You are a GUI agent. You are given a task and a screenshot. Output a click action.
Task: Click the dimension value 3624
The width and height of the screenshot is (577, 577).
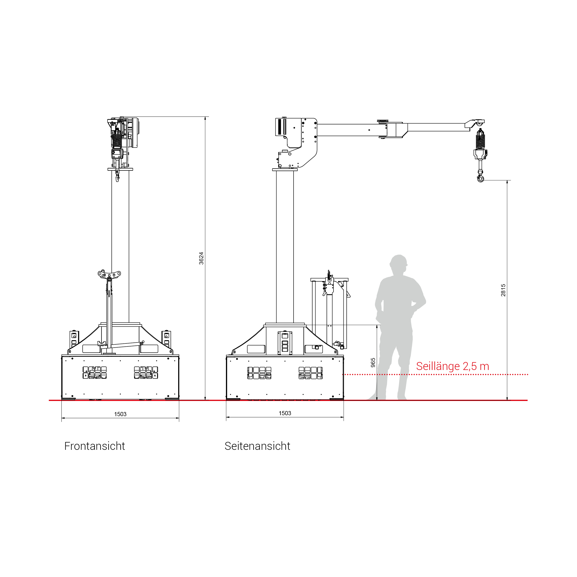click(x=201, y=258)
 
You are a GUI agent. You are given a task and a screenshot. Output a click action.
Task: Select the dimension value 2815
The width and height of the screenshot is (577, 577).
click(x=503, y=290)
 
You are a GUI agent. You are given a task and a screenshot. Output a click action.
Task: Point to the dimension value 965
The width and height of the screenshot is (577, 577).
click(x=373, y=363)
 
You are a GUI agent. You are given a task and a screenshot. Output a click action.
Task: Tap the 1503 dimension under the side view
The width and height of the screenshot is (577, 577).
click(x=285, y=413)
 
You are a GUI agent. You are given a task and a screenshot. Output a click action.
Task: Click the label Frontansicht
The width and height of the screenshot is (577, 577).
click(x=95, y=446)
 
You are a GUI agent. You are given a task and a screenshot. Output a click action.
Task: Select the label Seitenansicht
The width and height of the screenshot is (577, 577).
click(x=257, y=446)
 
